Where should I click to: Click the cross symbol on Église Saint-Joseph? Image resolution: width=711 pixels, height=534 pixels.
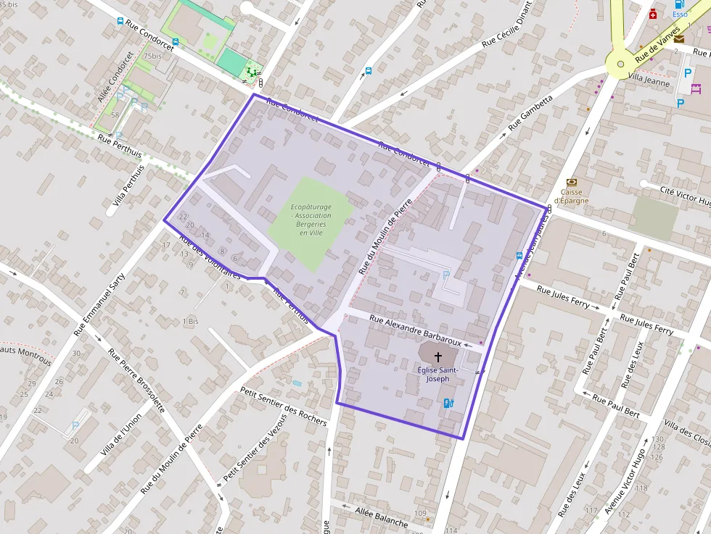tap(437, 356)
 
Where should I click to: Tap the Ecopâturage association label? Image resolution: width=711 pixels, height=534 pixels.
tap(311, 215)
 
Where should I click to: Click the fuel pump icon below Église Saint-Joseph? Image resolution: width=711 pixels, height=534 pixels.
tap(448, 403)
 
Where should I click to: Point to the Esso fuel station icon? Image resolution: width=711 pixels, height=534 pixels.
tap(679, 4)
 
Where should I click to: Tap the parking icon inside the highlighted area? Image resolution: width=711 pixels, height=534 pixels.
tap(445, 275)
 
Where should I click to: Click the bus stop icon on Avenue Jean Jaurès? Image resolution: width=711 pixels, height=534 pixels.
tap(519, 255)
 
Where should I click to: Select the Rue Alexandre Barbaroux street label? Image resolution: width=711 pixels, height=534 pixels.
tap(415, 330)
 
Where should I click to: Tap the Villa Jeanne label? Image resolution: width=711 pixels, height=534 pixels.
tap(649, 79)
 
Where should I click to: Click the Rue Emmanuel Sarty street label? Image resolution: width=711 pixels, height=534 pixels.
tap(100, 305)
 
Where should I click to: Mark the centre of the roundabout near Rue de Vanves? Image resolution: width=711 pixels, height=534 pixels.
tap(620, 64)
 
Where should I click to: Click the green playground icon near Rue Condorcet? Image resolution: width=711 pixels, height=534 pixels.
tap(252, 71)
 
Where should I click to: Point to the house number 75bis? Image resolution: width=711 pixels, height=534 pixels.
tap(152, 56)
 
